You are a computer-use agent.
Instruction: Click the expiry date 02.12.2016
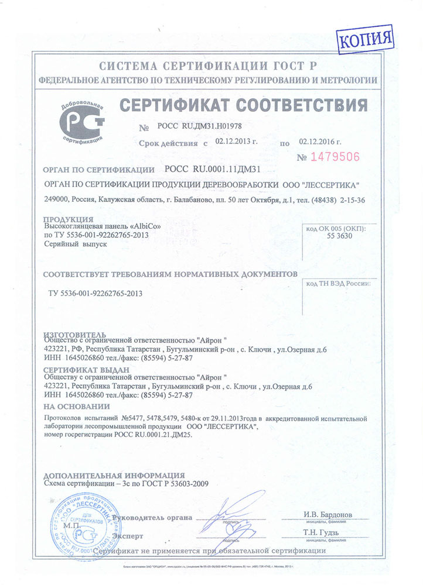click(319, 142)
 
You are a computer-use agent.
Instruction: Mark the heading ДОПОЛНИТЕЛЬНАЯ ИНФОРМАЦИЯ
click(115, 475)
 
